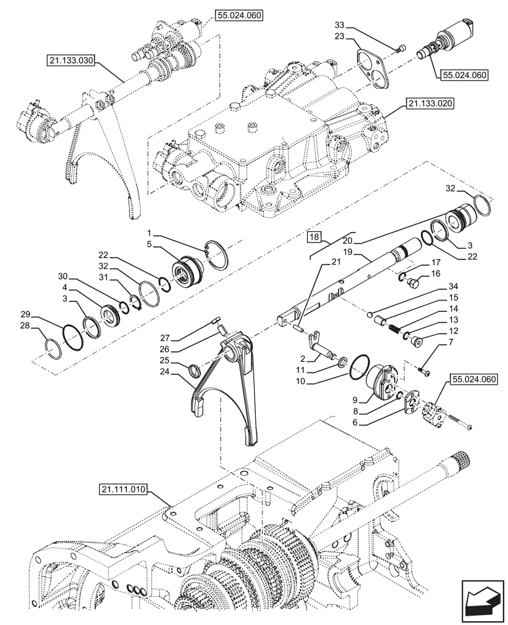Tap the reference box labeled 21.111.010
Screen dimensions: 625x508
tap(122, 491)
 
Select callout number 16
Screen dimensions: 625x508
tap(436, 274)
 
